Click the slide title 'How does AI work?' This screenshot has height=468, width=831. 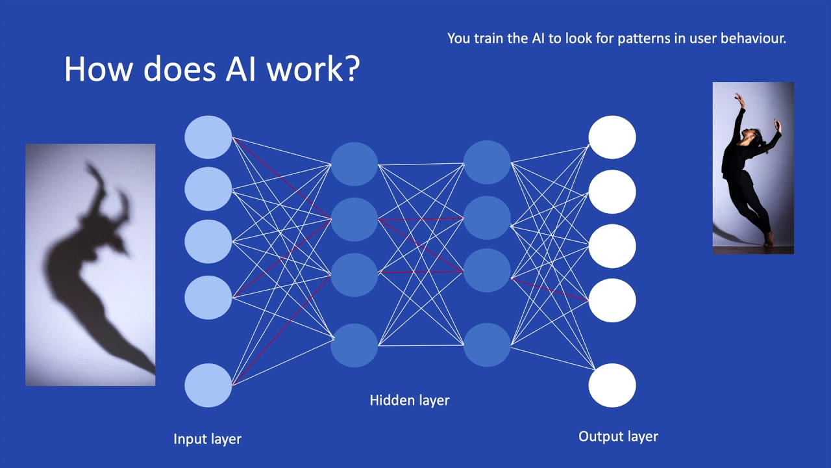[212, 69]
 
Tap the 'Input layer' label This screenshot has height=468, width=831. [207, 439]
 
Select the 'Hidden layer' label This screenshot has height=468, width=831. [410, 400]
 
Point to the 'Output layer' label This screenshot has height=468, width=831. [618, 437]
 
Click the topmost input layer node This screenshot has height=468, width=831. [208, 137]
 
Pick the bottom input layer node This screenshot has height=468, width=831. [208, 385]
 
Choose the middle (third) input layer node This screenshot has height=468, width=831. [208, 242]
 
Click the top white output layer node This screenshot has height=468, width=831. [612, 137]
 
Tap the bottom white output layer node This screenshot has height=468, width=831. [612, 385]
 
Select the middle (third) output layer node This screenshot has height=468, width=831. [612, 246]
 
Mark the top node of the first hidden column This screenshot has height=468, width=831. [354, 164]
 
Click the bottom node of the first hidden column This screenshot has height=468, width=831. [354, 345]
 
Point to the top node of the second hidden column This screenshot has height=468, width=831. [487, 162]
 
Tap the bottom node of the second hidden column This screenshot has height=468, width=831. [487, 345]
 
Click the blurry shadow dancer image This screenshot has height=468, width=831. [90, 265]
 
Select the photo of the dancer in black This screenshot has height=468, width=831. [753, 168]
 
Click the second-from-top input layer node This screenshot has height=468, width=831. [208, 188]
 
